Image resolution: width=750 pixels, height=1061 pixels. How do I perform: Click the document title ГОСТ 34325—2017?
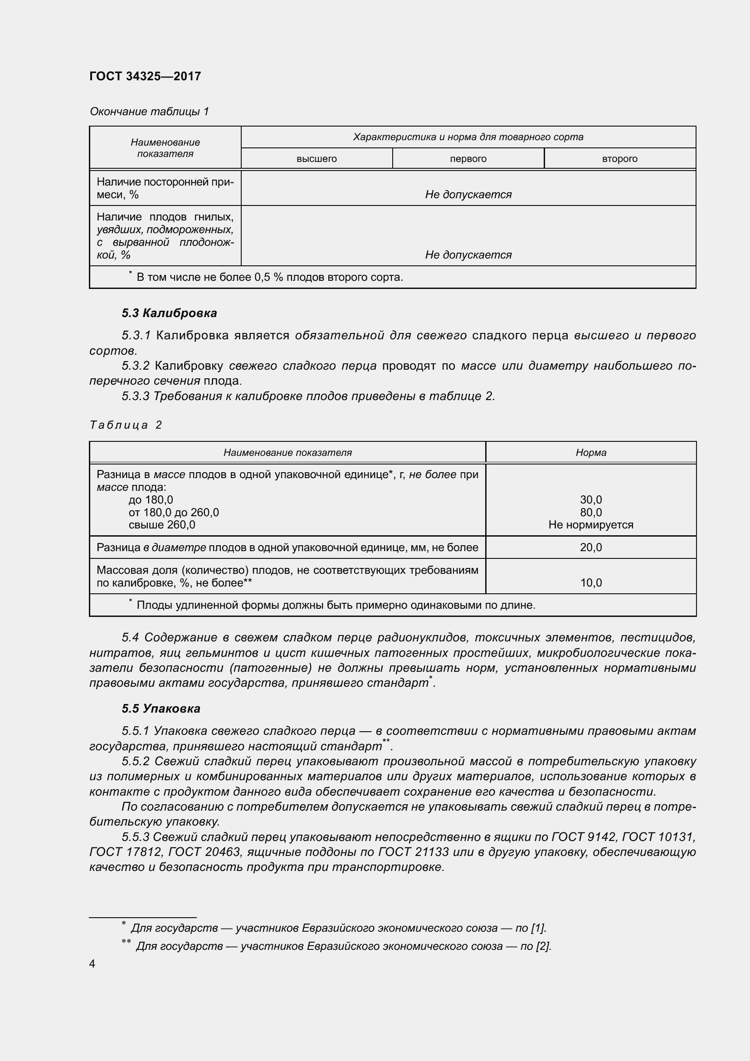145,76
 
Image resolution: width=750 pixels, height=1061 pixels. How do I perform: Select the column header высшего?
317,159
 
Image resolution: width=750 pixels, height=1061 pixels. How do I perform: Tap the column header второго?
619,159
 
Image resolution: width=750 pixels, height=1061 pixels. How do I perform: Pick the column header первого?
468,159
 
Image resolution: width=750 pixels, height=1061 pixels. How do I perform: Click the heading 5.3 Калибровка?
169,313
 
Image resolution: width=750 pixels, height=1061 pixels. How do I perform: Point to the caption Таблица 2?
126,425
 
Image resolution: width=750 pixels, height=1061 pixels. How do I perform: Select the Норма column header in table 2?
591,452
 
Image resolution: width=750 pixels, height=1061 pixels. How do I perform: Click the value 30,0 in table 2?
591,499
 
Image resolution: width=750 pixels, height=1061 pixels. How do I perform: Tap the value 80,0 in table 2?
591,512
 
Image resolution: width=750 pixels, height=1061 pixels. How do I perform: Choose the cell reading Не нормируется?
591,525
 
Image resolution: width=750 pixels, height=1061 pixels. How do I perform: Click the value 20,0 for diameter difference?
591,548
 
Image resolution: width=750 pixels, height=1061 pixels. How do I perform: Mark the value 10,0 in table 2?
591,583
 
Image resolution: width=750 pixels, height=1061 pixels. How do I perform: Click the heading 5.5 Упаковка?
161,709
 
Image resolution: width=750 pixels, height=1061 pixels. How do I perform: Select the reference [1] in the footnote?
539,928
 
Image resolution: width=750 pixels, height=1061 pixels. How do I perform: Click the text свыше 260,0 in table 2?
161,525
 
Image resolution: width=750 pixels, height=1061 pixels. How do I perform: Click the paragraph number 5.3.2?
135,366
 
